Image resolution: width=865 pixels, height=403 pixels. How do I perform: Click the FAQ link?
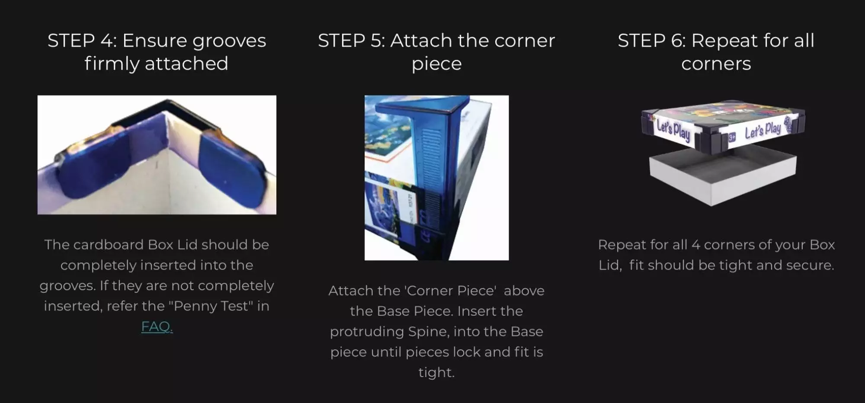click(157, 326)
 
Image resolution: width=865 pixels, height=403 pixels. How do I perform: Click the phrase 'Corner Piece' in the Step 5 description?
click(451, 291)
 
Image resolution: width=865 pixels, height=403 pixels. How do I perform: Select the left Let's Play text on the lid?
click(673, 130)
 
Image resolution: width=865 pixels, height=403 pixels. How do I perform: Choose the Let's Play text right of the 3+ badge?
click(763, 130)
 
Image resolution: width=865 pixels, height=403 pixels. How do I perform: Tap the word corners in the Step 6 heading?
click(716, 64)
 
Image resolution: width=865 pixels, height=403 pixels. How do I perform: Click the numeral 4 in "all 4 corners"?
click(695, 245)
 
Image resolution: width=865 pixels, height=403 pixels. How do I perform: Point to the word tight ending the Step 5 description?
click(436, 373)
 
